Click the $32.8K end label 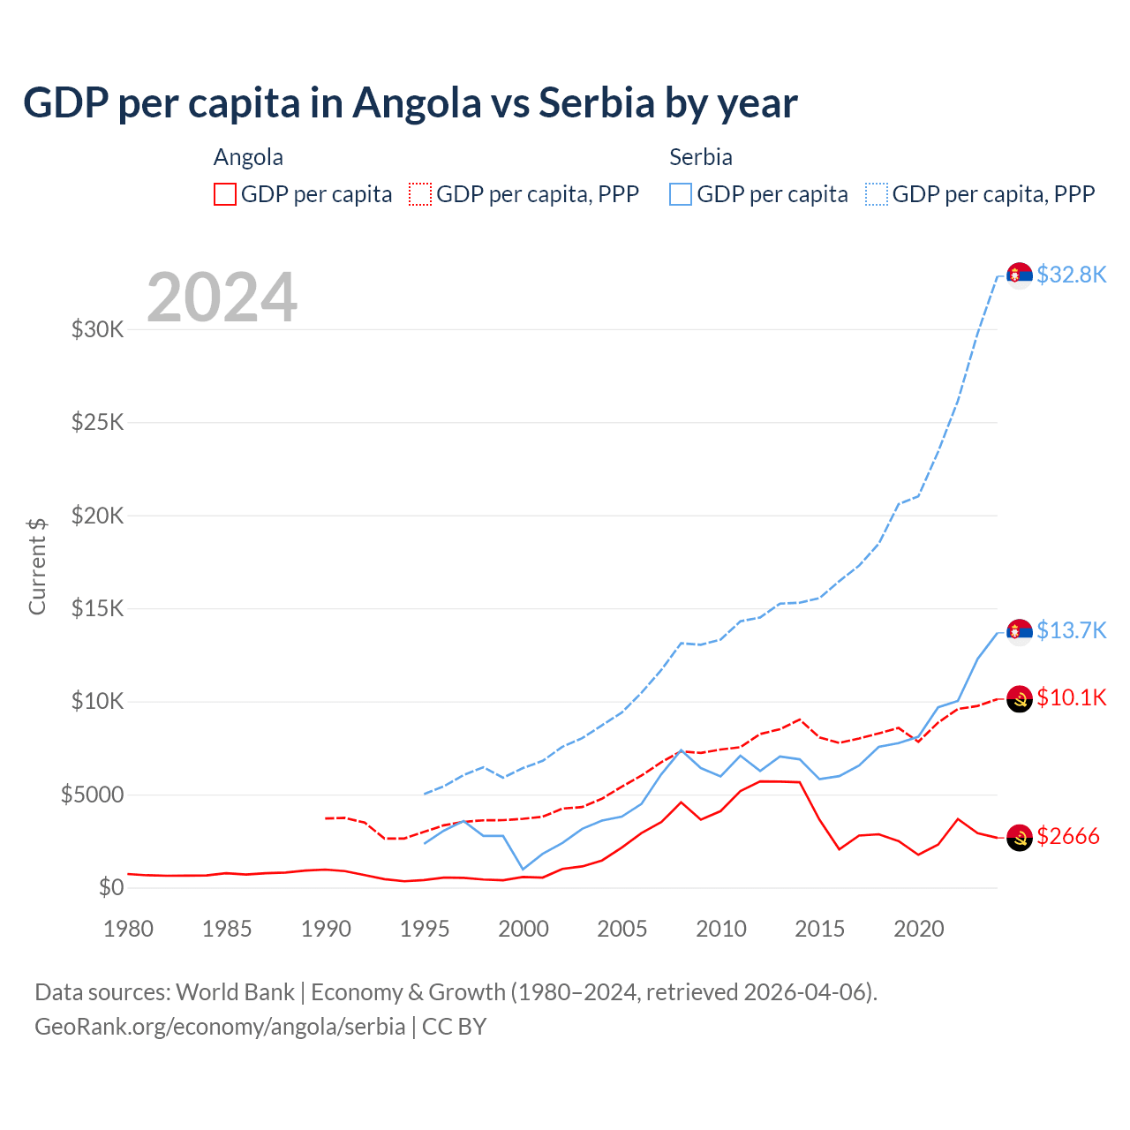(x=1071, y=275)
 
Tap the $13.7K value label (x=1071, y=630)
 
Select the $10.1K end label (x=1071, y=697)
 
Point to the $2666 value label (x=1068, y=836)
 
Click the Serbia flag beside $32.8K (x=1020, y=275)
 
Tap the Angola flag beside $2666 (x=1020, y=837)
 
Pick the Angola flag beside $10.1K (x=1020, y=698)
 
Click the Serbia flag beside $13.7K (x=1020, y=631)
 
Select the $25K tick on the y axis (x=97, y=422)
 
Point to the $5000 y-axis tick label (x=92, y=795)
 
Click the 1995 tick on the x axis (x=425, y=929)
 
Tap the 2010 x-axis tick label (x=721, y=929)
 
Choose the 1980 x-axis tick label (x=129, y=929)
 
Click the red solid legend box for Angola (x=225, y=194)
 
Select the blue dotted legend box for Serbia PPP (x=877, y=194)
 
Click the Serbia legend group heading (x=701, y=157)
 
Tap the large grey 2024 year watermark (x=222, y=298)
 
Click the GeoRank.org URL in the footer (x=220, y=1027)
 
